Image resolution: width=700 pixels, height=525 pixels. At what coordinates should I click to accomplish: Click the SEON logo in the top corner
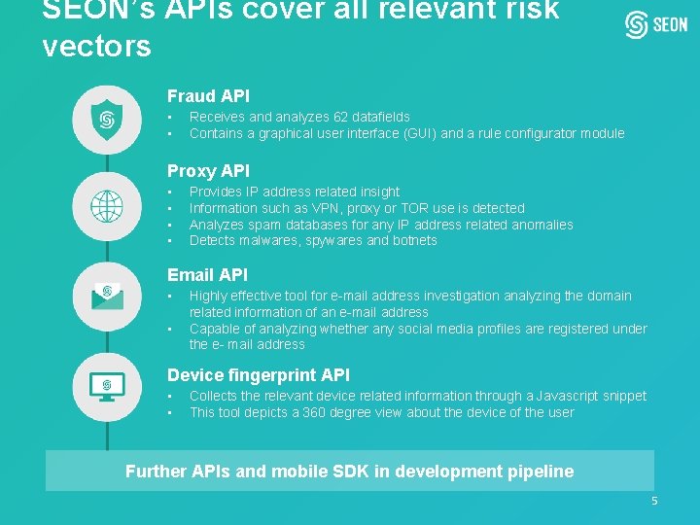pos(656,25)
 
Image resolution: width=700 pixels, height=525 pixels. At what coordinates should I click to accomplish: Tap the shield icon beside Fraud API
pos(104,120)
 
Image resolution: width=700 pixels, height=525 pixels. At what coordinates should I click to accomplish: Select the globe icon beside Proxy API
pos(104,205)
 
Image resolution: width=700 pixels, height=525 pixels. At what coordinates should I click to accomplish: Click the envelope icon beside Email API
pos(105,294)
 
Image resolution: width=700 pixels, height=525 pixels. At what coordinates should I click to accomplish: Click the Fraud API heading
pos(208,96)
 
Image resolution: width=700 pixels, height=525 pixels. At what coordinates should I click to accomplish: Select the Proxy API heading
pos(208,171)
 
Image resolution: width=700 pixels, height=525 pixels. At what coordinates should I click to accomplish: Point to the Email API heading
pos(207,275)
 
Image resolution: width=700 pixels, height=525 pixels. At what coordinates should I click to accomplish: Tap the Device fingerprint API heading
pos(258,375)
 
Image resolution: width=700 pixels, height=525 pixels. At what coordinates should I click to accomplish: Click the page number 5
pos(654,501)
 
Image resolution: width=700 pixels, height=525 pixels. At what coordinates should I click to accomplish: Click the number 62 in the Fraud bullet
pos(339,117)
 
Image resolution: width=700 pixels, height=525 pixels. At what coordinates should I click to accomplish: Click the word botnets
pos(415,240)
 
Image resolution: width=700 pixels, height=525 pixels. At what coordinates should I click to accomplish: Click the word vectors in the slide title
pos(97,46)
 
